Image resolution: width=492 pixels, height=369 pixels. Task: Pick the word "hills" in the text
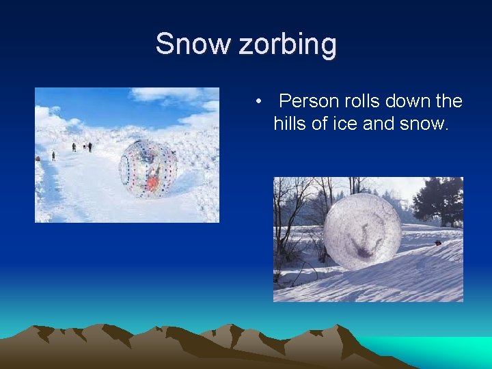[290, 124]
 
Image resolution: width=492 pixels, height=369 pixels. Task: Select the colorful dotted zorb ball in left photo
[148, 168]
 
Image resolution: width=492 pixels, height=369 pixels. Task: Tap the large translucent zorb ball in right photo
[361, 231]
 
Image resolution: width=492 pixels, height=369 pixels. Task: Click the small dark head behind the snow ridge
[437, 243]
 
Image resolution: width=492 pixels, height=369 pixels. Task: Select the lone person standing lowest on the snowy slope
[53, 156]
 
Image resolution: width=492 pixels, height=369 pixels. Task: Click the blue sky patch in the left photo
[102, 106]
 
